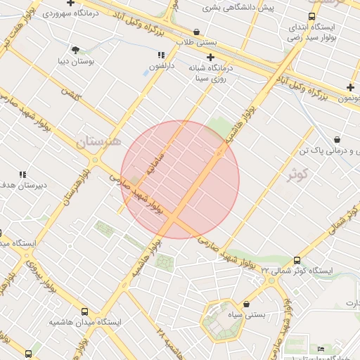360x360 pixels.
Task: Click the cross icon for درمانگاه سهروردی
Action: (70, 4)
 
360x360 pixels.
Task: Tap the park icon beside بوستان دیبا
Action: (75, 49)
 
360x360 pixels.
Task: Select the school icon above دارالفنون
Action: (161, 55)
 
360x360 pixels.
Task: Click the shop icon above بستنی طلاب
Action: (195, 32)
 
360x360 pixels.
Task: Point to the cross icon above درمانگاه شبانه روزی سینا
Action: (210, 56)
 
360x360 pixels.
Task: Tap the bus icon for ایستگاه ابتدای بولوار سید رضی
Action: (311, 16)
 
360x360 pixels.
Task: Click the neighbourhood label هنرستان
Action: (99, 141)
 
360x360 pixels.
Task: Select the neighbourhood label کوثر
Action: (299, 174)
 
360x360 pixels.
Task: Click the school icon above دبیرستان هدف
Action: (22, 174)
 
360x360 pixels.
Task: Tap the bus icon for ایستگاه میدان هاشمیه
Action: (85, 311)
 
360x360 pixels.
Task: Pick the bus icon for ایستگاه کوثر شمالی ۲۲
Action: (297, 260)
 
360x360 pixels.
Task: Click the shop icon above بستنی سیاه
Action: (247, 304)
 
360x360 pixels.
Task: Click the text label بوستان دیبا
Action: (75, 60)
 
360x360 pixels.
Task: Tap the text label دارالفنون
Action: (161, 66)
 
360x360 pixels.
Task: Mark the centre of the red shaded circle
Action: (180, 180)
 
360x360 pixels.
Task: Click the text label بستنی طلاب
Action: (197, 42)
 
